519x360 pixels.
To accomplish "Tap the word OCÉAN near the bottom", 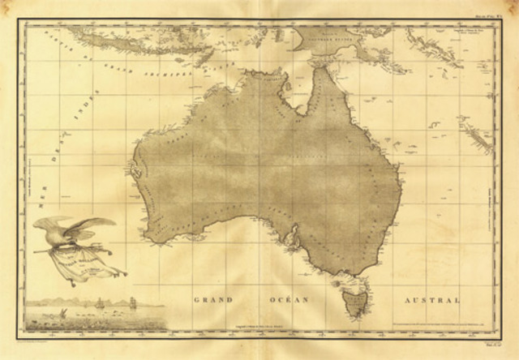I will point(288,299).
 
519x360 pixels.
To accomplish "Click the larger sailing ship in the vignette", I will point(132,304).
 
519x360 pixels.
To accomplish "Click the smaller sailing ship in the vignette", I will point(100,303).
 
